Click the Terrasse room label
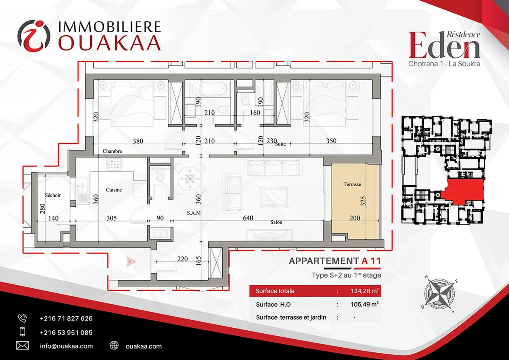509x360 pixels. click(x=352, y=184)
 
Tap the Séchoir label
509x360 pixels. click(x=53, y=195)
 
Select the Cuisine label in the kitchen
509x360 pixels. click(x=114, y=190)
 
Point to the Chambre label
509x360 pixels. click(x=112, y=151)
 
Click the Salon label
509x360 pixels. click(x=276, y=222)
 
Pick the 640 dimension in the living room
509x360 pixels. click(x=248, y=218)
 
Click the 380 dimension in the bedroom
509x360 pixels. click(x=138, y=141)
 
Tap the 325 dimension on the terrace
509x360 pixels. click(x=363, y=201)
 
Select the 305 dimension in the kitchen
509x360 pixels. click(x=112, y=218)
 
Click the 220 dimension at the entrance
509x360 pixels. click(x=182, y=259)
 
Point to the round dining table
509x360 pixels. click(x=190, y=179)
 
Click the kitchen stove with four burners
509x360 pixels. click(x=114, y=164)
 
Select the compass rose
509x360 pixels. click(x=440, y=294)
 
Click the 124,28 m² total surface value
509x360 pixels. click(x=364, y=291)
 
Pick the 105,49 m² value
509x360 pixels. click(x=364, y=304)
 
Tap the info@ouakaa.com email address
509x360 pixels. click(x=66, y=346)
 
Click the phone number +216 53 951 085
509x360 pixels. click(x=66, y=332)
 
